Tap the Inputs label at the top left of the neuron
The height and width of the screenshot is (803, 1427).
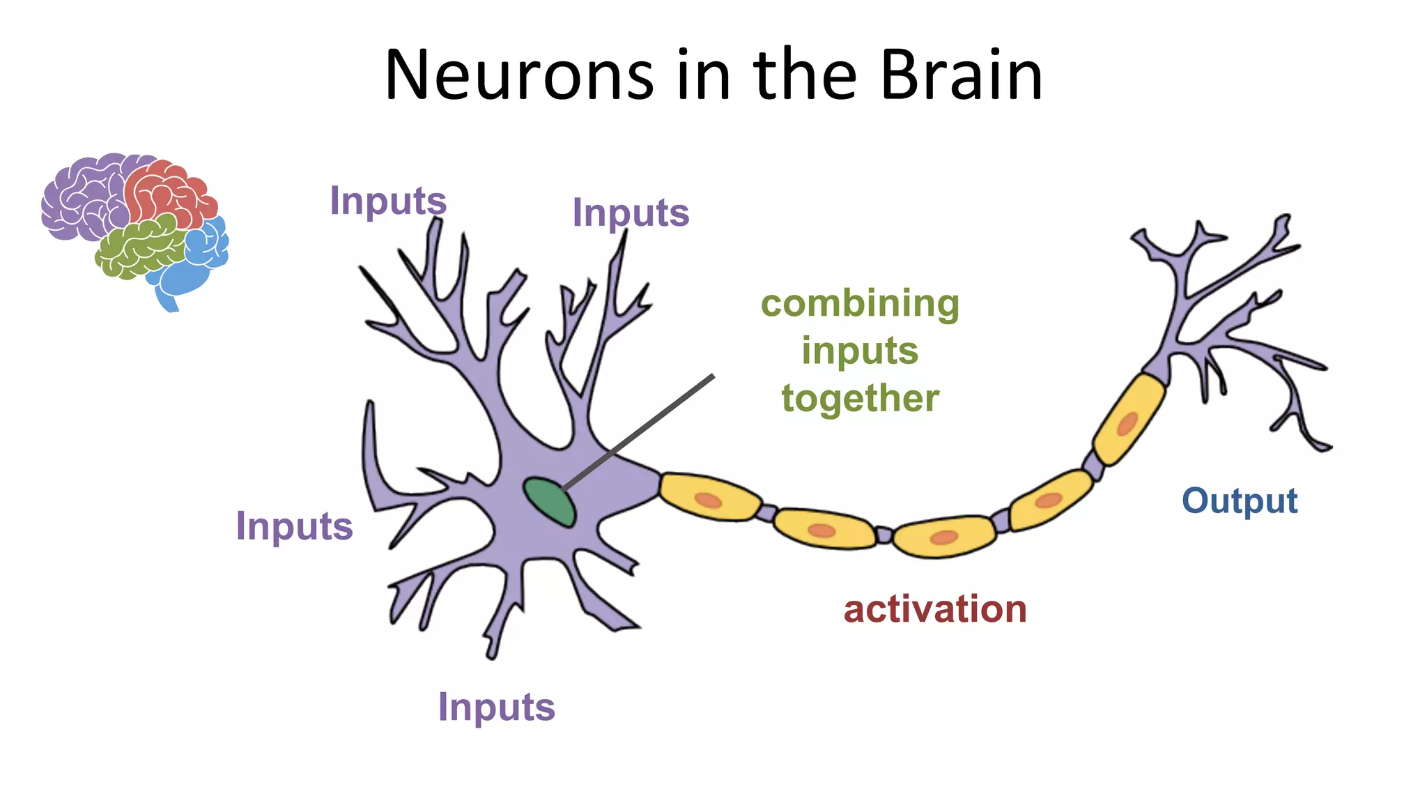point(387,201)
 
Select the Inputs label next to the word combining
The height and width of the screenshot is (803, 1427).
point(630,213)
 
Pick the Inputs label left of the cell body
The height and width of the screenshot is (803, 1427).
point(294,526)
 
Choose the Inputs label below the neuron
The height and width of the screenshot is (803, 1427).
point(496,708)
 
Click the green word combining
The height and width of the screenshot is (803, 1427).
point(860,304)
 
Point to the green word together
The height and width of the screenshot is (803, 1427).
point(860,399)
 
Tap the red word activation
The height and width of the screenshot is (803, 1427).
point(934,609)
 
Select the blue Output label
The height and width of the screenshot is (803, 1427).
point(1240,500)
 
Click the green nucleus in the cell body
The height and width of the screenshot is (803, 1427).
point(549,502)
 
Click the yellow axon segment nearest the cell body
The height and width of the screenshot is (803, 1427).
point(709,498)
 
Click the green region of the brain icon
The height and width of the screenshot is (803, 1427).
point(139,247)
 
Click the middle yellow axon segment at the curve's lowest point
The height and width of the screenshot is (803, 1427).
point(944,536)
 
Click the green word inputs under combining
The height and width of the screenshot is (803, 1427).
point(860,351)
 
